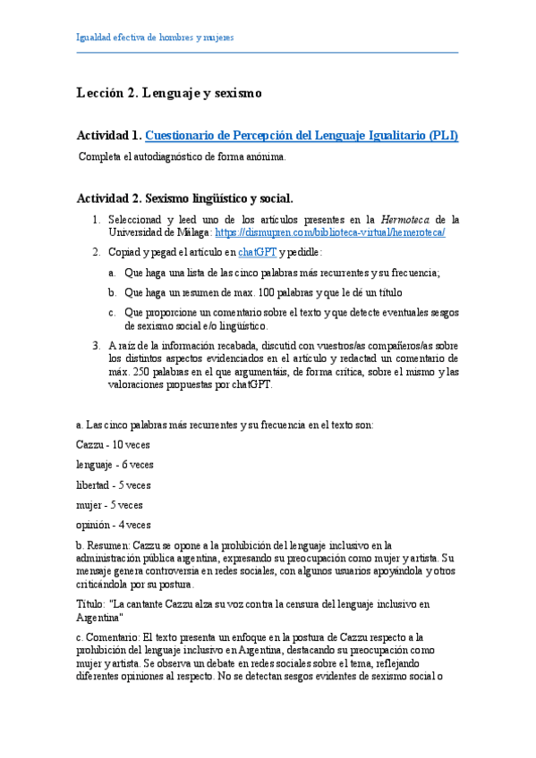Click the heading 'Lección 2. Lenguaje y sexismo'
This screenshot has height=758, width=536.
click(169, 92)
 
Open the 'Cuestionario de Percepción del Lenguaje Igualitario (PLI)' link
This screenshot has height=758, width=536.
click(302, 136)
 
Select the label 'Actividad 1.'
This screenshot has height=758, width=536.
click(108, 136)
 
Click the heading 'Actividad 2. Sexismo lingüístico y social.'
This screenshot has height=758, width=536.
click(184, 198)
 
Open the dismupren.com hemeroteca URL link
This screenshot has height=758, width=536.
click(330, 232)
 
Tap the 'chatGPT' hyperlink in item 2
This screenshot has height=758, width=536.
click(256, 252)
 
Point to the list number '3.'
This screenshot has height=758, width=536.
click(97, 345)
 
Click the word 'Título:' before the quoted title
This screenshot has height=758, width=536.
click(93, 605)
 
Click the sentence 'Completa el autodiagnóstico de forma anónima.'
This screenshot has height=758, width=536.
click(183, 156)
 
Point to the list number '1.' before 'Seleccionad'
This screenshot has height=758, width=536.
click(97, 219)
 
